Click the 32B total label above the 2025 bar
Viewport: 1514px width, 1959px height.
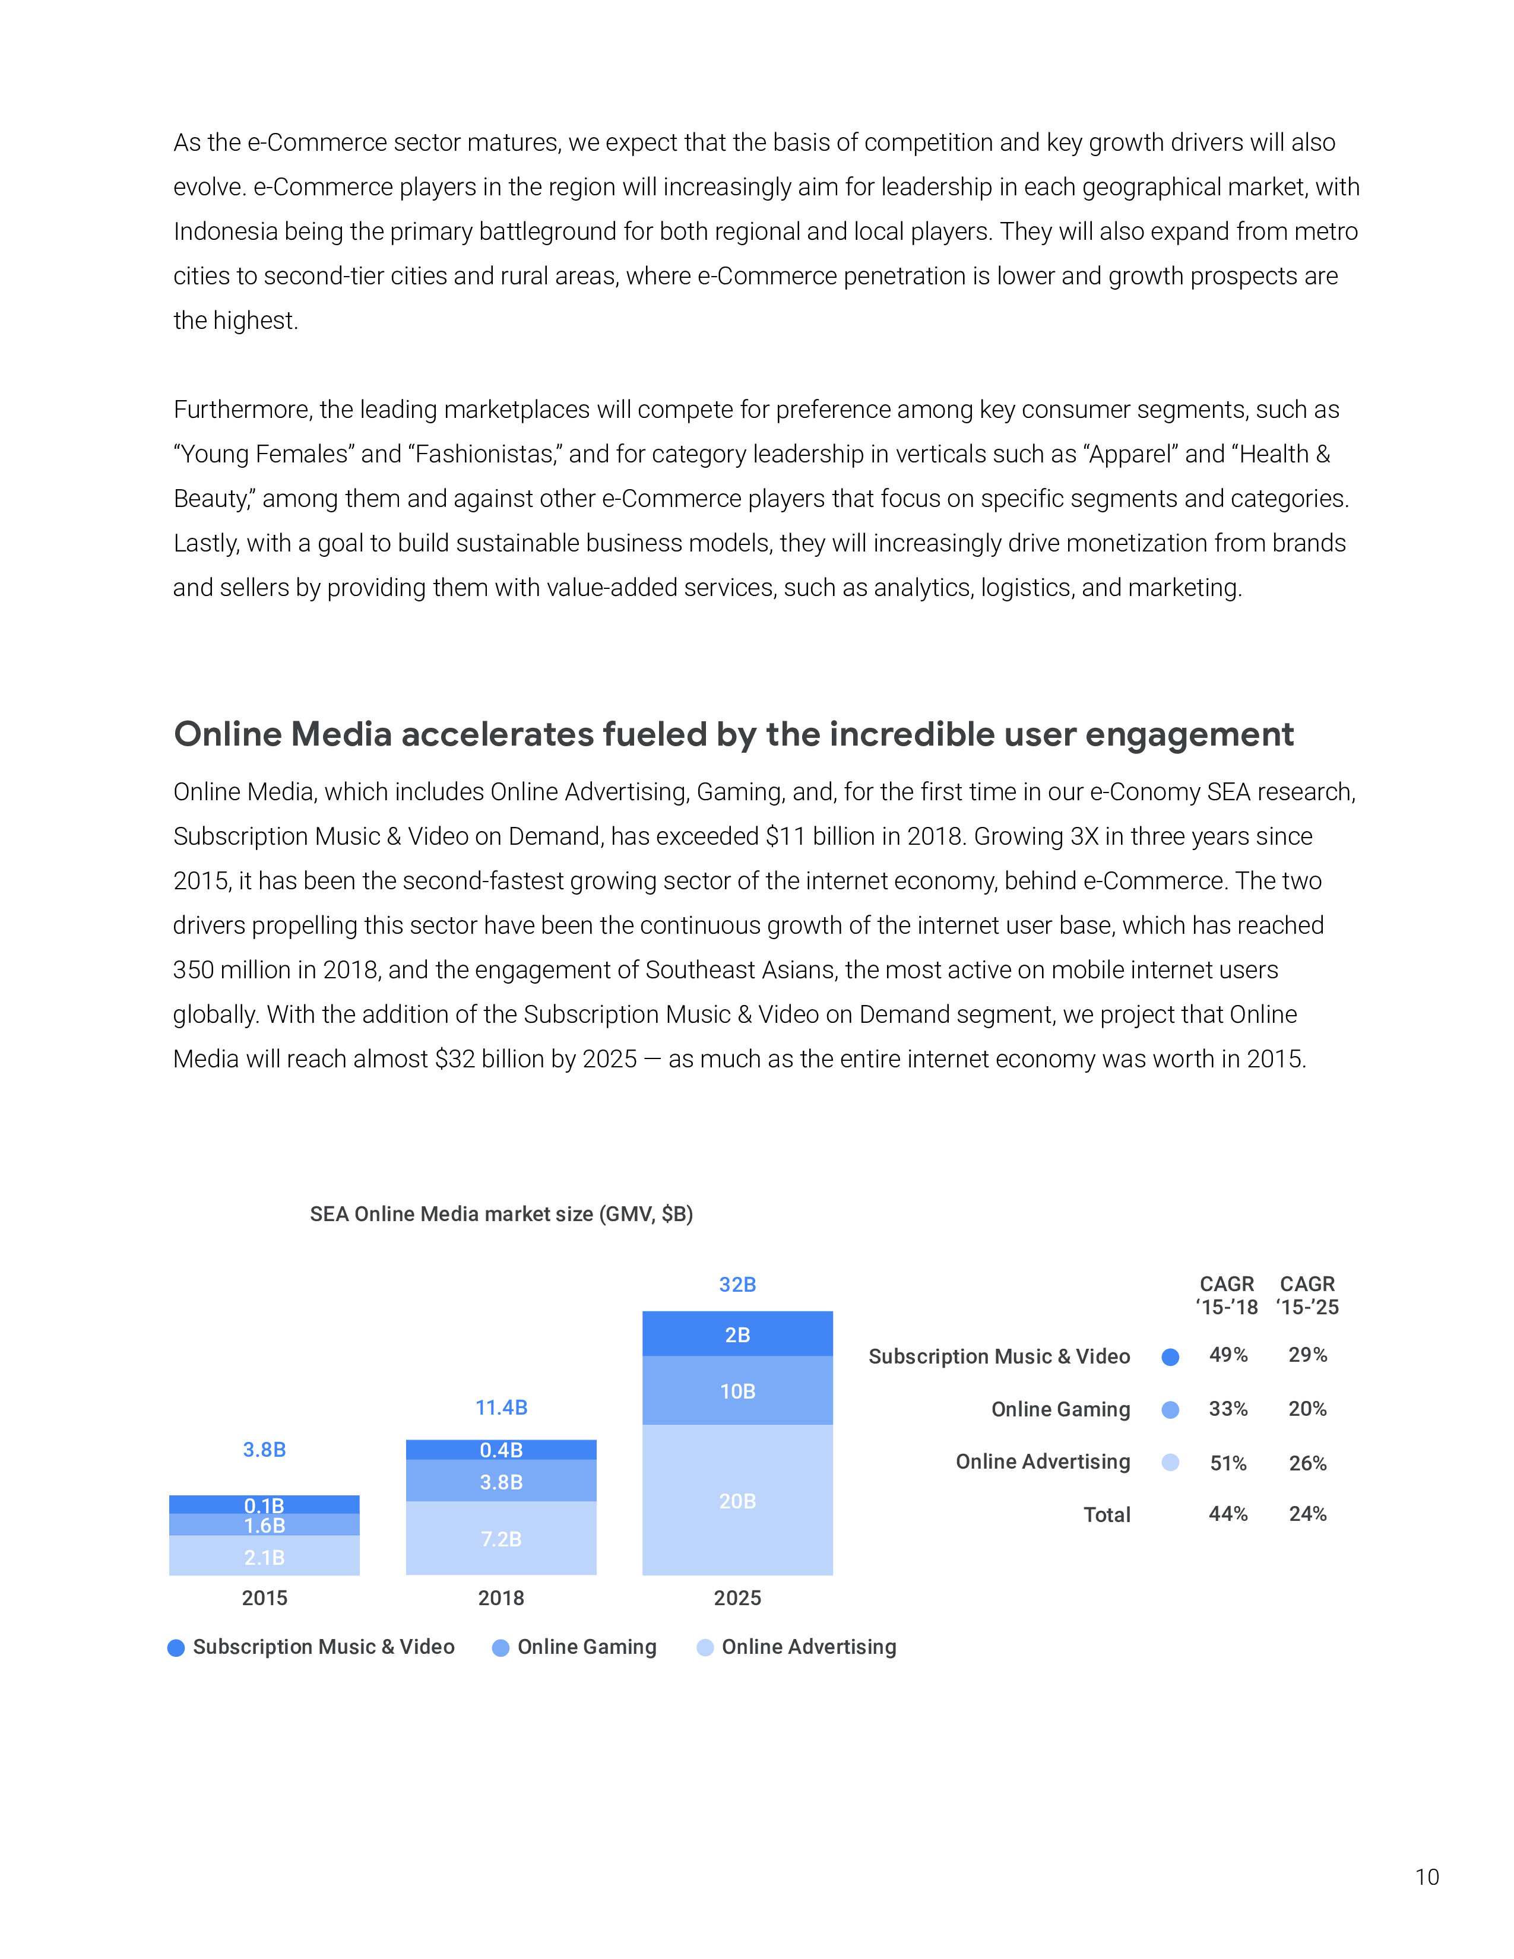[737, 1285]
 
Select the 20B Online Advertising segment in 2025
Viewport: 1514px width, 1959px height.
[737, 1501]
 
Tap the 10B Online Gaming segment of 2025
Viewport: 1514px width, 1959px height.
[737, 1391]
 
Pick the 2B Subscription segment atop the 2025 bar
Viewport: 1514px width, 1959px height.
[737, 1334]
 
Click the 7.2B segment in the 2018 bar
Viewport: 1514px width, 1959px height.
[501, 1539]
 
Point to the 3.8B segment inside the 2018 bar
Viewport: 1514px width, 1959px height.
[501, 1482]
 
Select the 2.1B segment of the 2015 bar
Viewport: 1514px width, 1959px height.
[265, 1557]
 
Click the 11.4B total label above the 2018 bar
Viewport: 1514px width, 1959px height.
[501, 1408]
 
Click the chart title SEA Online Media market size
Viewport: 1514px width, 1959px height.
[501, 1215]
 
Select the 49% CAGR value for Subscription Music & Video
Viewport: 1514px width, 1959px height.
[1228, 1355]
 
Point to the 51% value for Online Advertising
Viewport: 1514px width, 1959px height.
[1228, 1463]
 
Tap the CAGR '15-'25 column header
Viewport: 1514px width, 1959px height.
[1307, 1295]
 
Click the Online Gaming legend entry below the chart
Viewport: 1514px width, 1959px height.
[587, 1647]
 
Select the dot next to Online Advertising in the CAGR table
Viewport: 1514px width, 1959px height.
[1170, 1463]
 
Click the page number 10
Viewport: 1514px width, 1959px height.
[1426, 1876]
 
